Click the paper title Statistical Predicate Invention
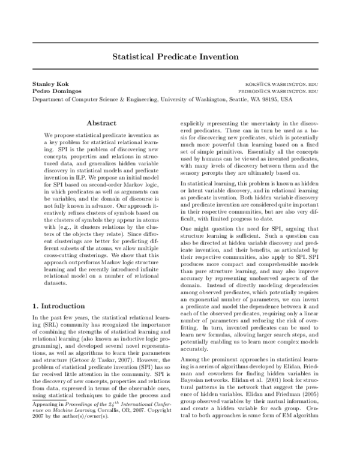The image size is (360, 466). (x=180, y=58)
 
